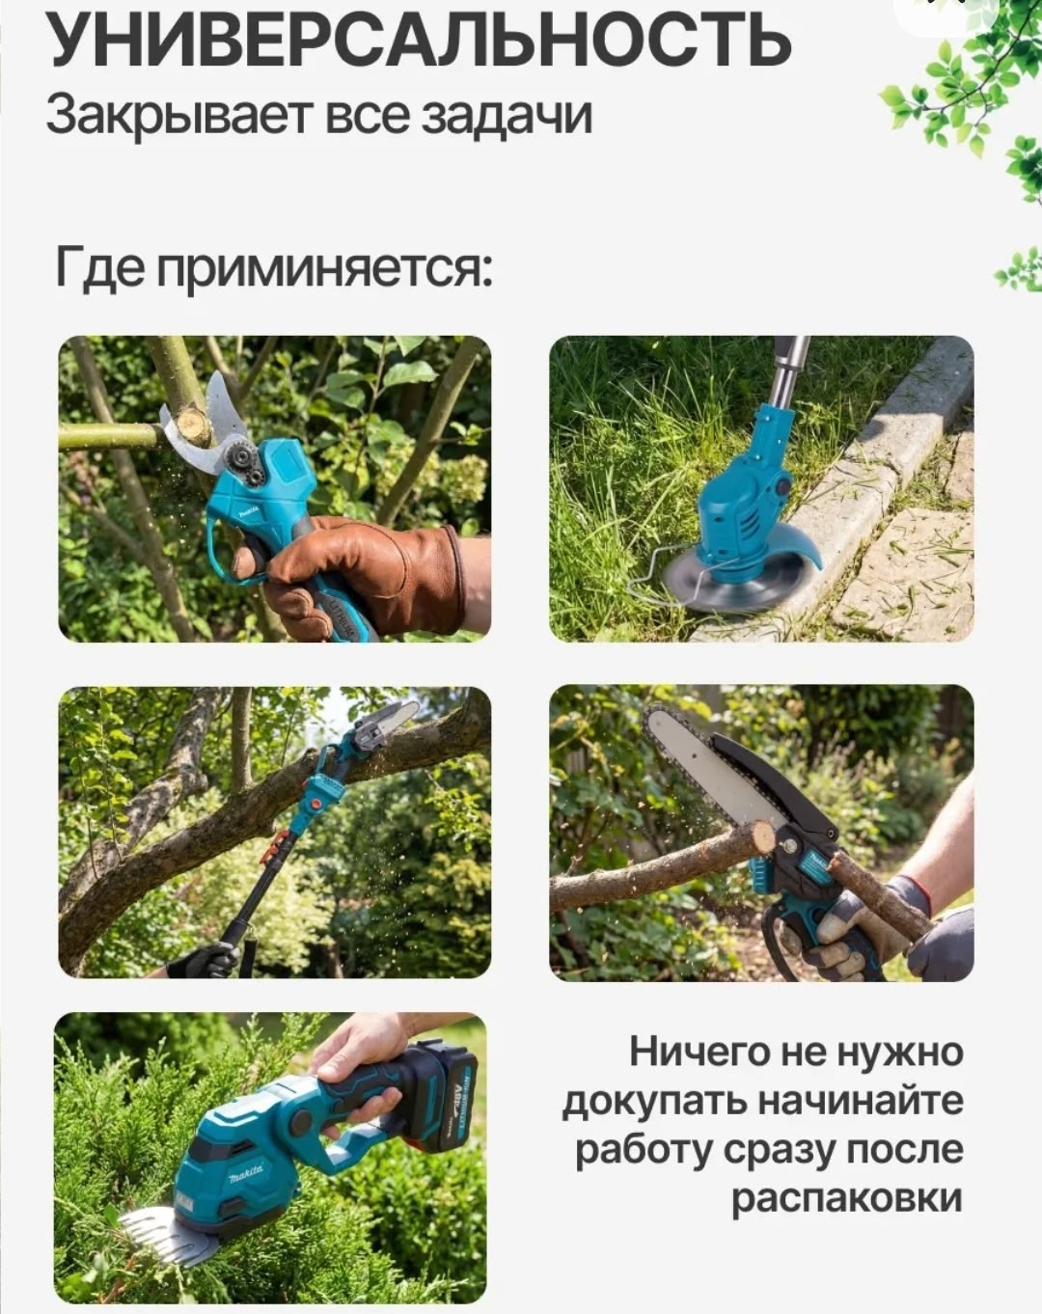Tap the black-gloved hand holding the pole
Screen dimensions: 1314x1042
[x=207, y=960]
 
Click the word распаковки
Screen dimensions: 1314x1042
[x=846, y=1197]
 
